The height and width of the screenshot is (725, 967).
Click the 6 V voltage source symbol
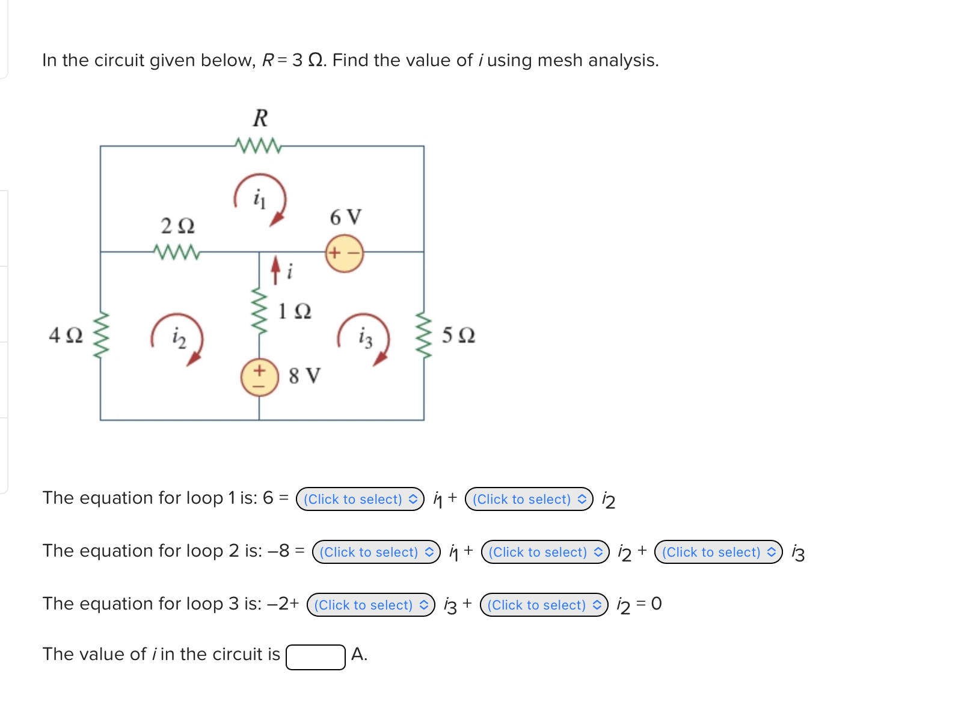click(345, 253)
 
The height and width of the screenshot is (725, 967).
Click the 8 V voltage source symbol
click(259, 377)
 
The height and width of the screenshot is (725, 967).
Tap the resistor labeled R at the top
click(259, 145)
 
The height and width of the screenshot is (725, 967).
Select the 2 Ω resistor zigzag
click(177, 252)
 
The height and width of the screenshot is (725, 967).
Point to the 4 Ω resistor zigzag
click(100, 335)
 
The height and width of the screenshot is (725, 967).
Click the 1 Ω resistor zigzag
click(259, 310)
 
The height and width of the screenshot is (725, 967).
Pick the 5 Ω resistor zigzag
click(424, 335)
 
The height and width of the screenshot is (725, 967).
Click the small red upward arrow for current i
click(275, 270)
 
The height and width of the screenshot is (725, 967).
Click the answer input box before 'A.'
click(315, 656)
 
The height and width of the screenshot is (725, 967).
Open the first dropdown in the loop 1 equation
click(360, 499)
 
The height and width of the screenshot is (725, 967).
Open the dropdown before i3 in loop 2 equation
click(718, 552)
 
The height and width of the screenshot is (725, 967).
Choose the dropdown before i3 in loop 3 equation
click(370, 605)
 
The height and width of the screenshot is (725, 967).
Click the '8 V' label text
click(304, 376)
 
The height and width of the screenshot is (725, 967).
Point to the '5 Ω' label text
click(458, 335)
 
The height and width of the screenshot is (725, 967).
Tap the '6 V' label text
click(346, 217)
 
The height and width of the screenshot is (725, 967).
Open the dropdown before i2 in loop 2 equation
click(545, 552)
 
